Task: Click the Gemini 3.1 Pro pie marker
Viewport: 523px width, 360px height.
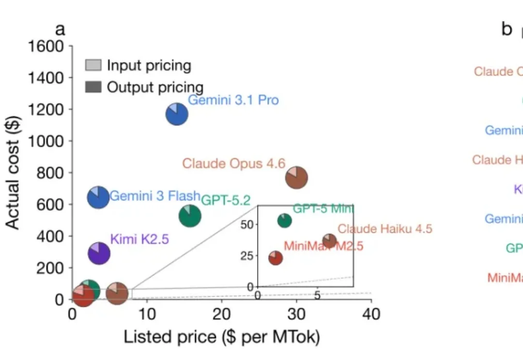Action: [177, 115]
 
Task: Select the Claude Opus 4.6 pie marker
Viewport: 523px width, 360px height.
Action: [297, 178]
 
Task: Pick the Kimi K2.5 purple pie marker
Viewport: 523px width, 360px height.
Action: [99, 253]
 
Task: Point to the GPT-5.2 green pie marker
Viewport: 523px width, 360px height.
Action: [190, 215]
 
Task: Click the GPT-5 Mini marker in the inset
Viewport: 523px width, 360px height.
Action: [285, 221]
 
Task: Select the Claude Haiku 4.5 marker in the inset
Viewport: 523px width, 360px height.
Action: [329, 240]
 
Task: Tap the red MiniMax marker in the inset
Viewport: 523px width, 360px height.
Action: [276, 258]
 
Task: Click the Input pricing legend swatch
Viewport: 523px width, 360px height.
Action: [93, 65]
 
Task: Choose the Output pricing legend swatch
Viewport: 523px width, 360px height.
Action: [93, 87]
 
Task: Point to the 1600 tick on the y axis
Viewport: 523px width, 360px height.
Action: [46, 46]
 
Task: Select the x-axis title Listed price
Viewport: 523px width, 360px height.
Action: [222, 337]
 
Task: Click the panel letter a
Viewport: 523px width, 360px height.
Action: [60, 30]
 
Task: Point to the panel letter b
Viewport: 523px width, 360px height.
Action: [507, 30]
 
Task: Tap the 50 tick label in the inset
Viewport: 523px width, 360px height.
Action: [247, 225]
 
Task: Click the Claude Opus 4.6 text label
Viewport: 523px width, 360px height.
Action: [234, 164]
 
